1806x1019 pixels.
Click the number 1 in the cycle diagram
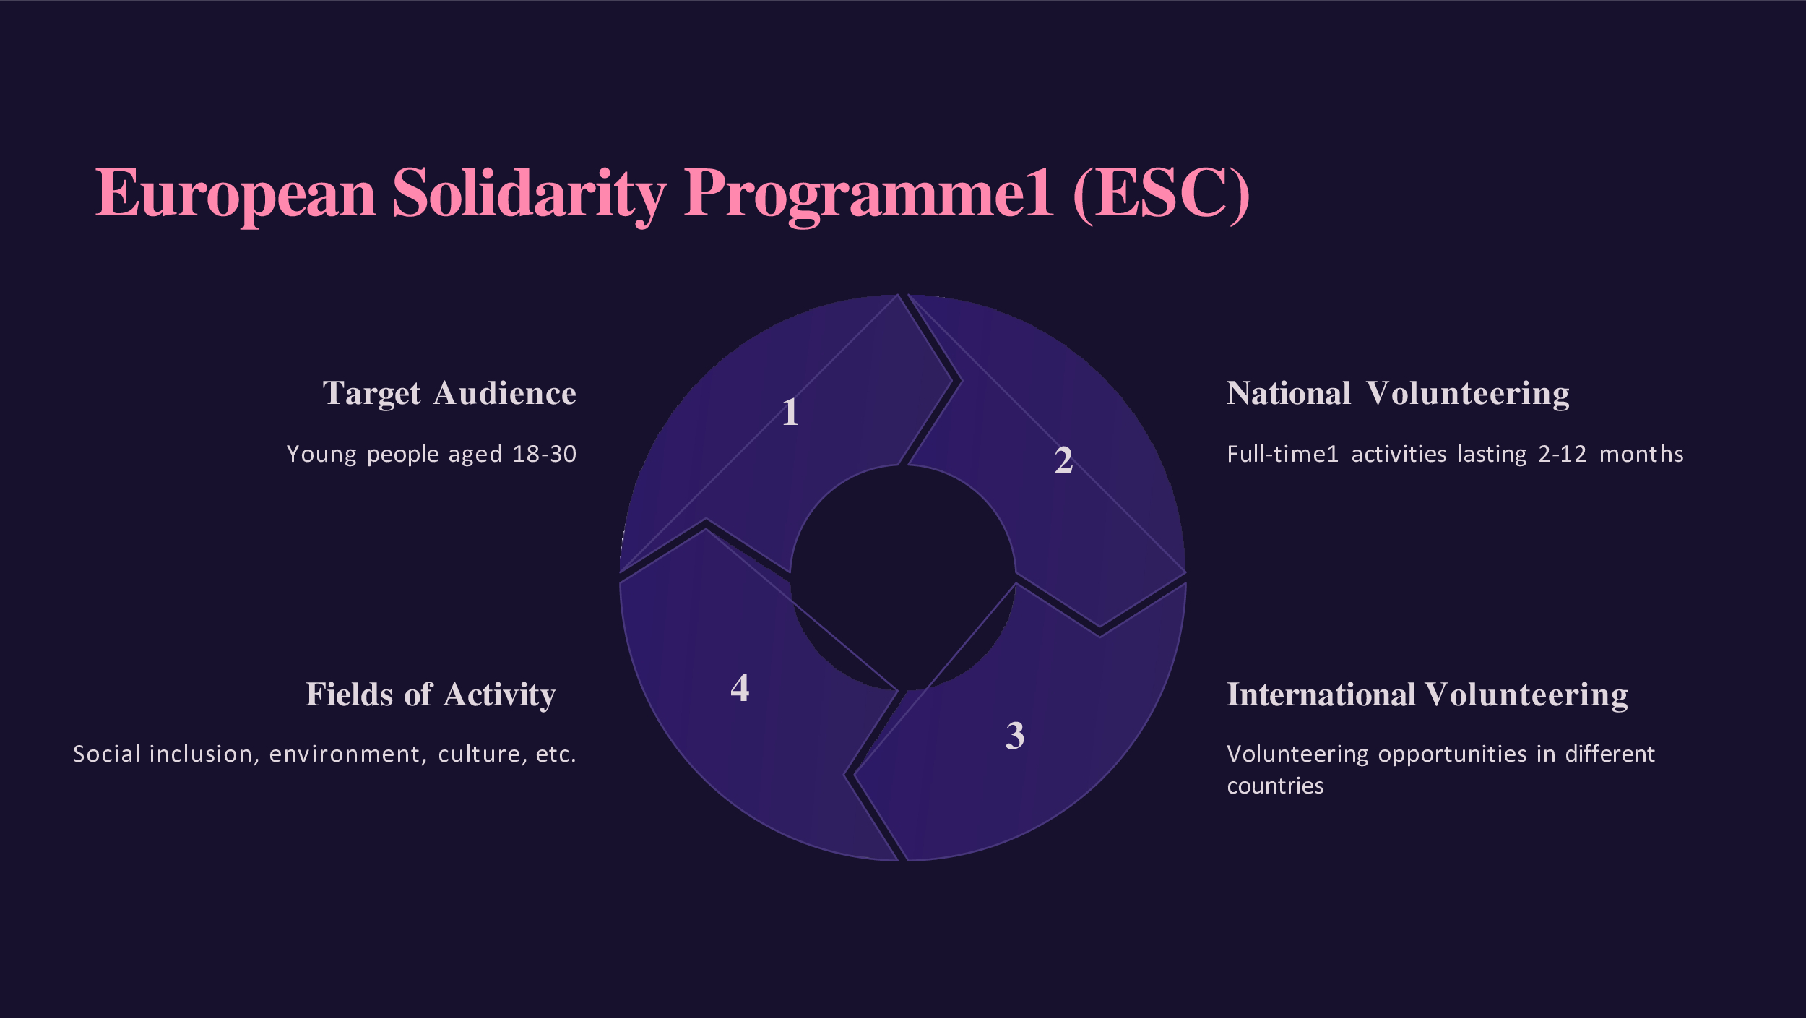click(x=790, y=412)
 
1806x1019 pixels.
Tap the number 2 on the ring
click(x=1063, y=460)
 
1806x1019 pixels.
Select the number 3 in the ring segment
click(x=1015, y=736)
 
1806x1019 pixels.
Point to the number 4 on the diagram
click(x=740, y=687)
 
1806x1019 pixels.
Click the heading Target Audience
click(x=449, y=394)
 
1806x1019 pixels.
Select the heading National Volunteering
click(x=1398, y=394)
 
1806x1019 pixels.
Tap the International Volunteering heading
click(x=1427, y=695)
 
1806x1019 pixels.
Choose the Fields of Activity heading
click(x=431, y=695)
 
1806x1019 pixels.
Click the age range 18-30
click(x=544, y=454)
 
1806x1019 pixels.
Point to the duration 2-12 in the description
click(x=1562, y=454)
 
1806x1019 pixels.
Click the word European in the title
click(x=236, y=193)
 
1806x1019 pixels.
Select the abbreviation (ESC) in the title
click(x=1161, y=193)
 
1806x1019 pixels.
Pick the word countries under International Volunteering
click(x=1275, y=786)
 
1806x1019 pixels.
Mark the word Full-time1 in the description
click(x=1283, y=454)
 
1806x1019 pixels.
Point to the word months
click(x=1641, y=454)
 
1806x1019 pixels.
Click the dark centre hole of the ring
click(x=903, y=578)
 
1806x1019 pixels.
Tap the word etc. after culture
click(x=556, y=754)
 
